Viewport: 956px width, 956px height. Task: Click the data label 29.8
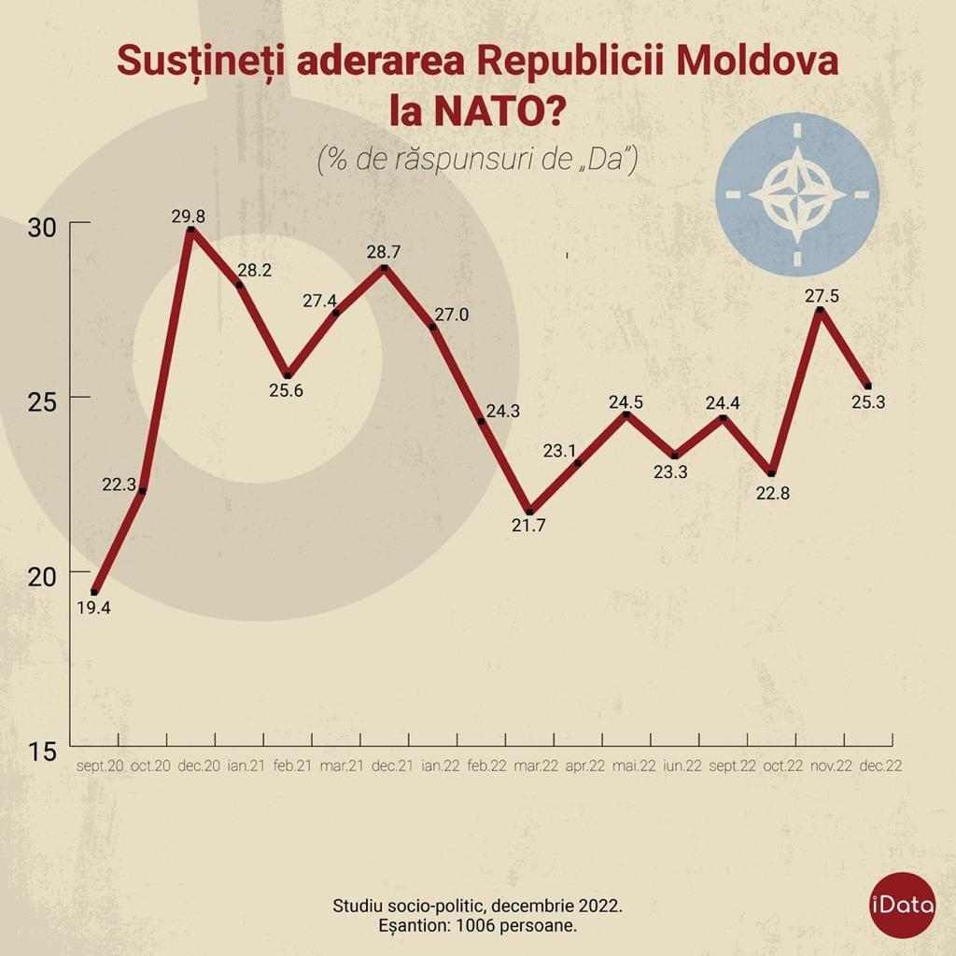tap(188, 216)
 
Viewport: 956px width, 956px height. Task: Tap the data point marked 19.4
tap(94, 592)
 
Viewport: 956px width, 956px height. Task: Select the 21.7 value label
tap(528, 525)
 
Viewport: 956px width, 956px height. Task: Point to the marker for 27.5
tap(819, 309)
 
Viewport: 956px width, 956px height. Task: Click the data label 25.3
tap(867, 402)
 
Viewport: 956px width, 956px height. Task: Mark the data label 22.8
tap(773, 493)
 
